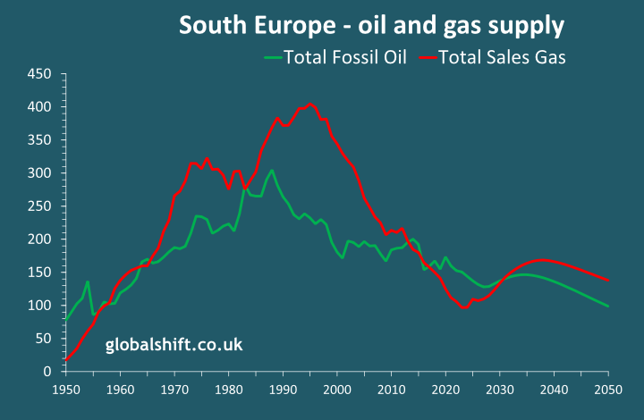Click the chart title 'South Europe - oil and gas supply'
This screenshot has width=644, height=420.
[371, 25]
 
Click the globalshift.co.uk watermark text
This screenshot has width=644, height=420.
[174, 343]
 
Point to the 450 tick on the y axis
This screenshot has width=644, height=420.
[41, 73]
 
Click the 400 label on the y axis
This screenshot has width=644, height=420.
[41, 106]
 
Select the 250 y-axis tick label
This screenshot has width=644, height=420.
[41, 206]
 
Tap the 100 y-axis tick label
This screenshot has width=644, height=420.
[41, 305]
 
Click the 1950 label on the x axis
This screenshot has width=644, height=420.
[66, 390]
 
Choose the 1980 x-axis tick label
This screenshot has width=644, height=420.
[229, 390]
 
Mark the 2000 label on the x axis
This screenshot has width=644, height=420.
[337, 390]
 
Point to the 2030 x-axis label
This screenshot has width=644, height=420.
[500, 390]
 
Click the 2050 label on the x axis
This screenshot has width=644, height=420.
[608, 390]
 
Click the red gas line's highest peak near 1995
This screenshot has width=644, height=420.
[310, 104]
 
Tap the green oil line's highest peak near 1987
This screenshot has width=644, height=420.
[272, 170]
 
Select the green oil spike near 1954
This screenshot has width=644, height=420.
[88, 282]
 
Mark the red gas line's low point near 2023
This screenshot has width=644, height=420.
[465, 307]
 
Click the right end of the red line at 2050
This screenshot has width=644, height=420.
[608, 281]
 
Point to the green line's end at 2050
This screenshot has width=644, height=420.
[608, 307]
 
